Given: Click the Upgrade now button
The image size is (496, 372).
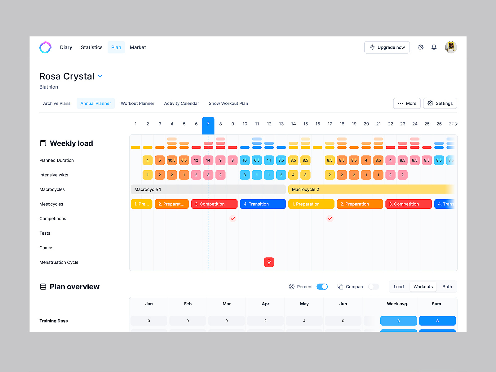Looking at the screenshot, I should (x=387, y=47).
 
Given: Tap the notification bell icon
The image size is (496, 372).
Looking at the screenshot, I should (x=434, y=47).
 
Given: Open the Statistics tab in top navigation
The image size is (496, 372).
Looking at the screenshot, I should (x=91, y=47).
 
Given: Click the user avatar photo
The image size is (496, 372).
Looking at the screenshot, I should (x=451, y=47).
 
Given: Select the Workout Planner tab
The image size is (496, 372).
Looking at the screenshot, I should (x=137, y=104).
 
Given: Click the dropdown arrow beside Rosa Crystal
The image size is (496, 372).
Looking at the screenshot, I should (x=100, y=76).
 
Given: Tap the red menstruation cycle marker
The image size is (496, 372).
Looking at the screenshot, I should (x=269, y=262).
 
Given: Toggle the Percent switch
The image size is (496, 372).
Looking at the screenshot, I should (x=322, y=287).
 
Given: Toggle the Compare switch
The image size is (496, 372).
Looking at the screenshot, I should (x=374, y=287).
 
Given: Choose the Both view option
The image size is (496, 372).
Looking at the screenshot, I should (x=447, y=287).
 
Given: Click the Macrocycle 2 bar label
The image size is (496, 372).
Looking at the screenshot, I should (x=305, y=189).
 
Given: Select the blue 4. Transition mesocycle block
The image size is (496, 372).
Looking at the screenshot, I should (x=263, y=204).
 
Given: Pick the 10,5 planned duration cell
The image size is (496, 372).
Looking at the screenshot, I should (x=172, y=160).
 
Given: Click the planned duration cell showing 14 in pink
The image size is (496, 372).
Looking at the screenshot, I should (x=208, y=160).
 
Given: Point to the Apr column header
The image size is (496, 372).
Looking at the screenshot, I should (x=265, y=304).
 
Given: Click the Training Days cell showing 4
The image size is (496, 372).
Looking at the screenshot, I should (x=304, y=321).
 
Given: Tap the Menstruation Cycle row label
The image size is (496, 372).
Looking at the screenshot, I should (x=59, y=262).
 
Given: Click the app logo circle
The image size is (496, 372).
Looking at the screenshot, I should (x=46, y=47).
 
